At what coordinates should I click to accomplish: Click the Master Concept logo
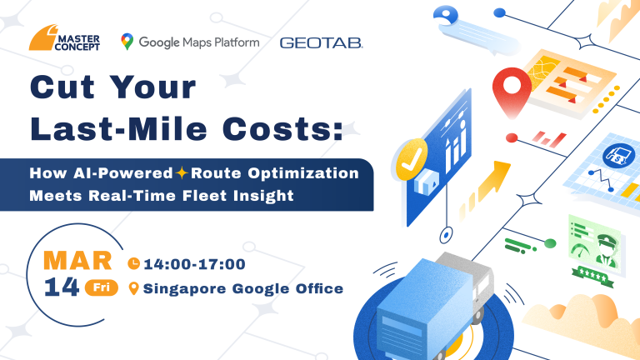click(x=64, y=38)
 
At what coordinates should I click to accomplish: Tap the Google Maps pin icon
click(x=127, y=42)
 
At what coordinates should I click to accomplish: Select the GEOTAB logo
click(x=321, y=42)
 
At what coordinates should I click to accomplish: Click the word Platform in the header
click(x=237, y=42)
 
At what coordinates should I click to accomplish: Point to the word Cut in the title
click(x=62, y=87)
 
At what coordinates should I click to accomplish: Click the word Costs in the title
click(x=282, y=129)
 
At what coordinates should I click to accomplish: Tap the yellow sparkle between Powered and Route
click(x=182, y=173)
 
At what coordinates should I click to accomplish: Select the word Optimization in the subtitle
click(x=303, y=174)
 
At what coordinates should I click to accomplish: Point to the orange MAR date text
click(x=77, y=260)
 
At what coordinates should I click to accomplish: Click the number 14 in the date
click(x=61, y=287)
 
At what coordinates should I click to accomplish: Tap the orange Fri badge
click(x=102, y=287)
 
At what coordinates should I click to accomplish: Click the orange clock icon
click(x=134, y=263)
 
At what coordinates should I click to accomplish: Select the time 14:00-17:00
click(x=195, y=264)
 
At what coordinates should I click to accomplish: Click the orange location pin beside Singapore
click(x=133, y=288)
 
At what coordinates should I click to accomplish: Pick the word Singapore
click(x=184, y=289)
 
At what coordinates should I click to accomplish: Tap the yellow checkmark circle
click(x=412, y=160)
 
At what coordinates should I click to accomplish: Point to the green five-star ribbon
click(x=592, y=277)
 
